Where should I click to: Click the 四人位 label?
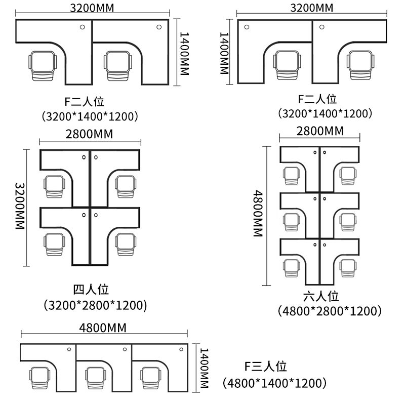pyautogui.click(x=91, y=290)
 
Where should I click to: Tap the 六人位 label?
pyautogui.click(x=321, y=296)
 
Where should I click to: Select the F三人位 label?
pyautogui.click(x=265, y=367)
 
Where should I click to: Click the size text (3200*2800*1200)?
pyautogui.click(x=95, y=305)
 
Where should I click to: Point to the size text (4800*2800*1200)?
pyautogui.click(x=330, y=311)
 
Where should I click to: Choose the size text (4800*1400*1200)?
pyautogui.click(x=274, y=383)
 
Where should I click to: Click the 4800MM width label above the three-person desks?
pyautogui.click(x=103, y=328)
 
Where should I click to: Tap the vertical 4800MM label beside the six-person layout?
pyautogui.click(x=258, y=214)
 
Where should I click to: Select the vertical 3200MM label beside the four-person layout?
pyautogui.click(x=20, y=206)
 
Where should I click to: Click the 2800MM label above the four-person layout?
pyautogui.click(x=90, y=134)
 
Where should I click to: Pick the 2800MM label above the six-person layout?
pyautogui.click(x=320, y=131)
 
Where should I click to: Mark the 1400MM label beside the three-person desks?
pyautogui.click(x=204, y=368)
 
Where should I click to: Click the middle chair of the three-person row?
pyautogui.click(x=96, y=378)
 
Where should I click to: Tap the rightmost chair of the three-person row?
pyautogui.click(x=150, y=378)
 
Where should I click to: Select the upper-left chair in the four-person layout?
pyautogui.click(x=54, y=186)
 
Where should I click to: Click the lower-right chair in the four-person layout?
pyautogui.click(x=126, y=245)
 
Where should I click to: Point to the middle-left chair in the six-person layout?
pyautogui.click(x=292, y=222)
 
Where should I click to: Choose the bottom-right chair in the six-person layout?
pyautogui.click(x=348, y=268)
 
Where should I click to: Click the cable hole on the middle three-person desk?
pyautogui.click(x=125, y=349)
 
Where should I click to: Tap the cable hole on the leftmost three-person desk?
pyautogui.click(x=69, y=349)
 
